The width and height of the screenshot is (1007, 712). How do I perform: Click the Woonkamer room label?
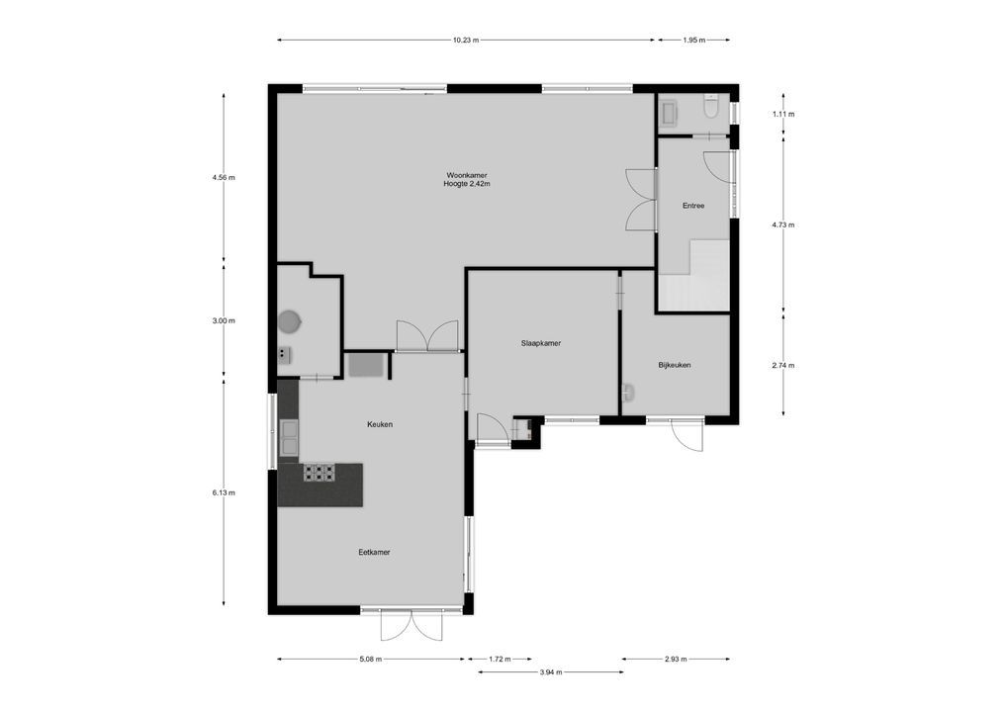(467, 175)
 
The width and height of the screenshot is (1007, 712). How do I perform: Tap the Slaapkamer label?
(541, 344)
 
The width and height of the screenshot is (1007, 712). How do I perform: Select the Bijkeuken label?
(674, 365)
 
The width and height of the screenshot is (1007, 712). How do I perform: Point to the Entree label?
(693, 206)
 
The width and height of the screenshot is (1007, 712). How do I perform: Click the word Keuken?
(380, 424)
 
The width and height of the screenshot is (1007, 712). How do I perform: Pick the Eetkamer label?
(374, 552)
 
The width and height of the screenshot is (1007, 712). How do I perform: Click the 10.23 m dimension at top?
(465, 41)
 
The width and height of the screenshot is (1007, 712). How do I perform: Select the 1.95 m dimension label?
(693, 41)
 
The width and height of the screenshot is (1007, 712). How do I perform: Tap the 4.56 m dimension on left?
(224, 178)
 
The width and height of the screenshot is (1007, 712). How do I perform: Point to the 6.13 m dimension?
(224, 492)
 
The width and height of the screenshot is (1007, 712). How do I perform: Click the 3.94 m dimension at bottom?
(550, 672)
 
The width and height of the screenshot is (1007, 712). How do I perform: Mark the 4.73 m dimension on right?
(783, 225)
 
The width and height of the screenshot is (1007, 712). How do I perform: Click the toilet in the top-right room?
(709, 105)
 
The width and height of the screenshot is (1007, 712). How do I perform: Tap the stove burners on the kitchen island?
(319, 472)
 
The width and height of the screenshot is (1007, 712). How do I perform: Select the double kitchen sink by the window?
(288, 436)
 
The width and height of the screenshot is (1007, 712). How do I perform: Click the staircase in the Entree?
(695, 282)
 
